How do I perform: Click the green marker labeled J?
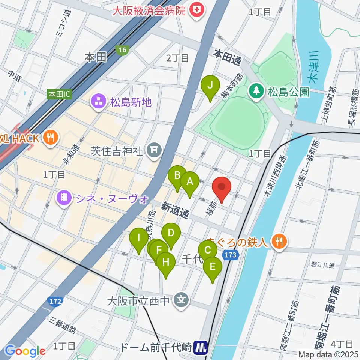coord(210,85)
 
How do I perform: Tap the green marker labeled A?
coord(190,181)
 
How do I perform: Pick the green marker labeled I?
coord(138,237)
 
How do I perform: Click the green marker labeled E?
coord(213,267)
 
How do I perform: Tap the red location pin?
coord(222,186)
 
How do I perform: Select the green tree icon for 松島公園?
coord(256,90)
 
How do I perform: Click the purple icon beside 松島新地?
coord(99,101)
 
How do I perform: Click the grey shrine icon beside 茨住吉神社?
coord(154,151)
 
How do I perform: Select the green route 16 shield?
coord(122,49)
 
